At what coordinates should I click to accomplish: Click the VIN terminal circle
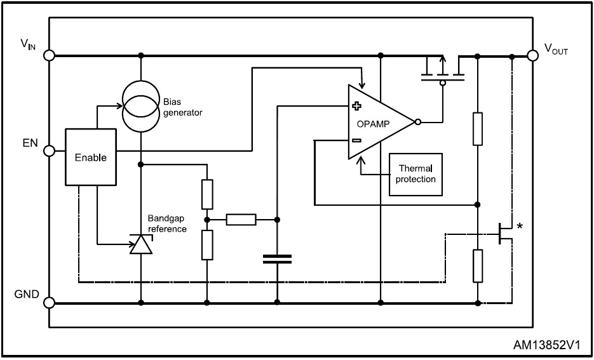[49, 55]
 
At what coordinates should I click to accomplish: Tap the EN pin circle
[49, 151]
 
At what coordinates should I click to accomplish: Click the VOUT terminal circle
[532, 55]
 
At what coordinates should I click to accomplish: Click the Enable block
[91, 157]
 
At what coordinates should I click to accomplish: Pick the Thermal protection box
[415, 174]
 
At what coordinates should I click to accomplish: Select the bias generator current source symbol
[140, 106]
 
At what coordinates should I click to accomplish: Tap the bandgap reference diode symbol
[140, 244]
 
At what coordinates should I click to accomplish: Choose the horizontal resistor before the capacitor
[241, 220]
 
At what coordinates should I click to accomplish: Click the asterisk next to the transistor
[520, 227]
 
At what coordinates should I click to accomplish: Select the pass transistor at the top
[443, 71]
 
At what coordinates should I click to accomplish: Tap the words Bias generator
[182, 107]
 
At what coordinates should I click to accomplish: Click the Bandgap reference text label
[167, 223]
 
